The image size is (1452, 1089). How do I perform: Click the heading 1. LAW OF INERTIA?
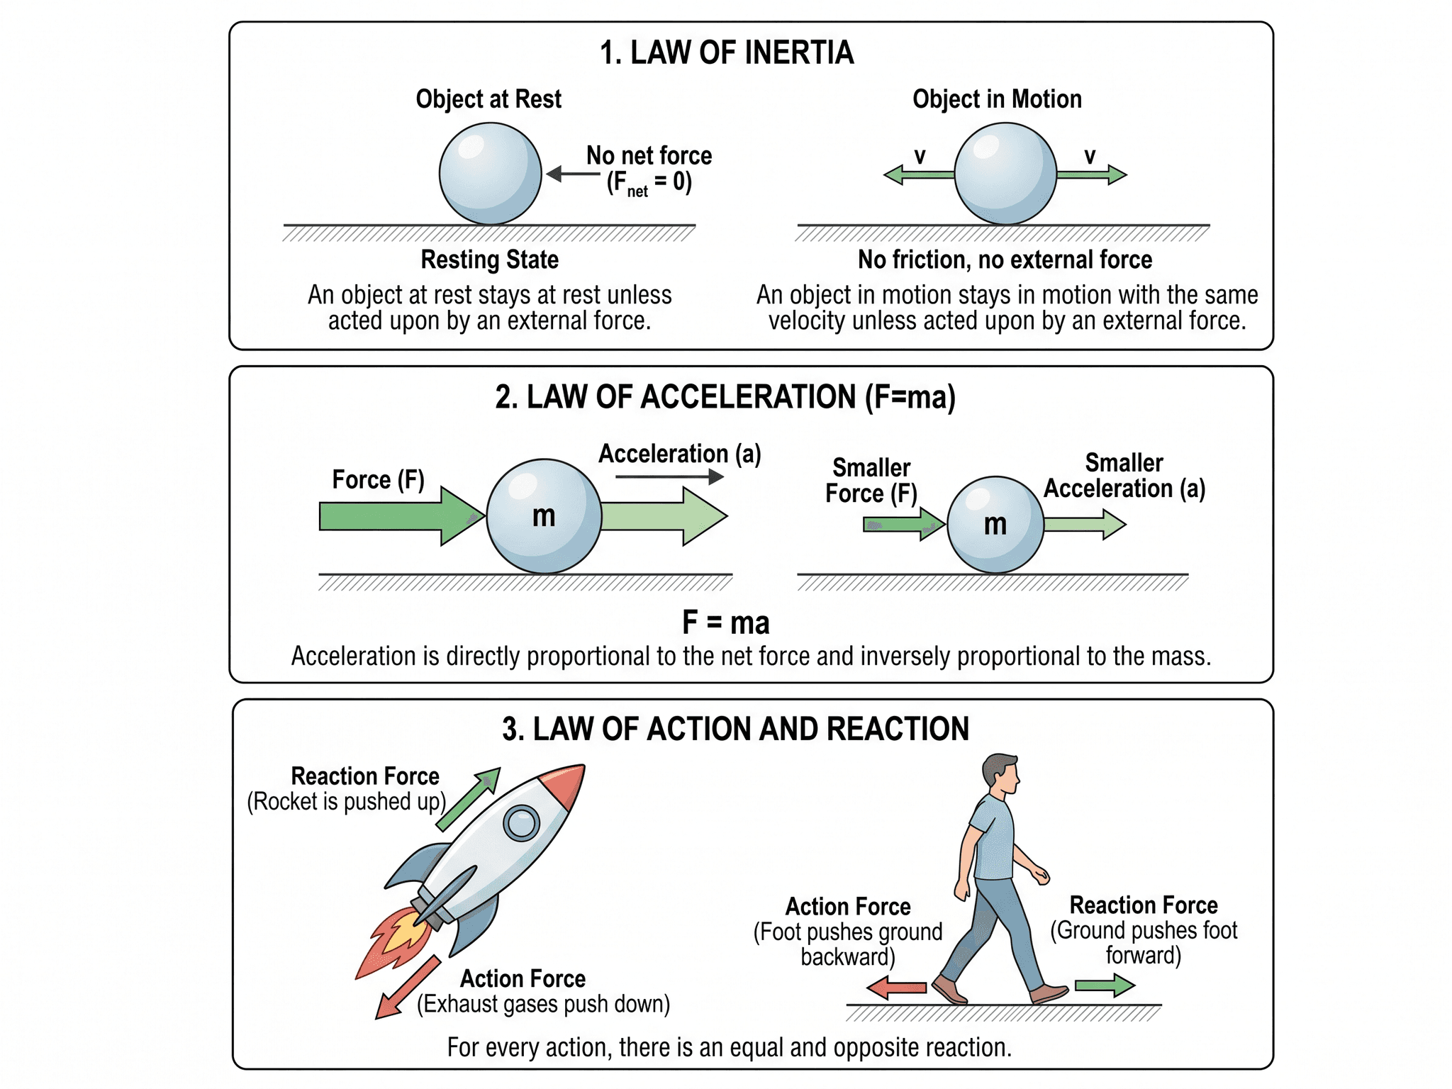pyautogui.click(x=727, y=52)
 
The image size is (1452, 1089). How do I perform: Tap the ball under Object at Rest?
pyautogui.click(x=490, y=174)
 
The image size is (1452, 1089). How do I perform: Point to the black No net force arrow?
pyautogui.click(x=574, y=174)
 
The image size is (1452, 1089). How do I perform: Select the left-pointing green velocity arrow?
pyautogui.click(x=919, y=174)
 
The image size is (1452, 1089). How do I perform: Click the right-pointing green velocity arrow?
pyautogui.click(x=1092, y=174)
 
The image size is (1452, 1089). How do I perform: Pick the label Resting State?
pyautogui.click(x=490, y=259)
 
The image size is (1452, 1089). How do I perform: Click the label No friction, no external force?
pyautogui.click(x=1005, y=259)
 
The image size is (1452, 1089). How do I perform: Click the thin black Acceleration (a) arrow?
pyautogui.click(x=669, y=476)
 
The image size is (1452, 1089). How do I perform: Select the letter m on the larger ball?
pyautogui.click(x=544, y=516)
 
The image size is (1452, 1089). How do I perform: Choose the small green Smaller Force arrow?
pyautogui.click(x=904, y=525)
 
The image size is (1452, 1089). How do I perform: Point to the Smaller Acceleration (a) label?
pyautogui.click(x=1124, y=476)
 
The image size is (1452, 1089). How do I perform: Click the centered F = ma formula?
pyautogui.click(x=726, y=622)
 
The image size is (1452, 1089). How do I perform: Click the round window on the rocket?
pyautogui.click(x=522, y=823)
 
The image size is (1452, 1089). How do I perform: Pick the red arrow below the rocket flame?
pyautogui.click(x=407, y=988)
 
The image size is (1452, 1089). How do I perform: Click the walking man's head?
pyautogui.click(x=1001, y=774)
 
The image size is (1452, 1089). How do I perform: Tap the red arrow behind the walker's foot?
pyautogui.click(x=896, y=987)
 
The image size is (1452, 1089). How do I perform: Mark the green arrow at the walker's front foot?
pyautogui.click(x=1105, y=985)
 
